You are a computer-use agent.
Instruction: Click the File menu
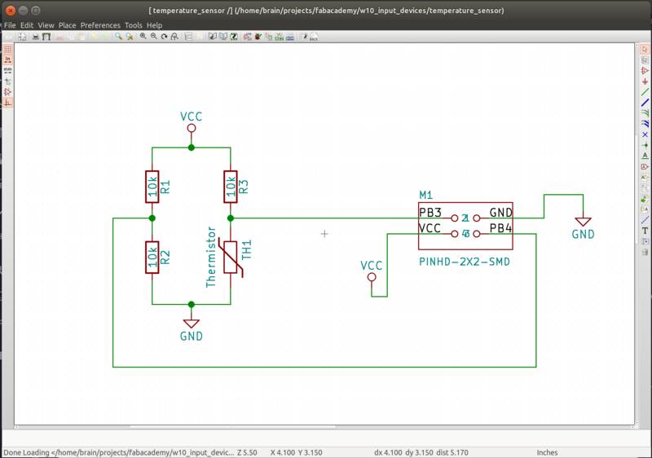(10, 25)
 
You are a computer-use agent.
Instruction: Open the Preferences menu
(99, 25)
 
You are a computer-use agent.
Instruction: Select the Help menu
(154, 25)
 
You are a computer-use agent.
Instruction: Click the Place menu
(67, 25)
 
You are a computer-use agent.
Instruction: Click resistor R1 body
(152, 187)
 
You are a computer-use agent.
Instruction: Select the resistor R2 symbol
(152, 258)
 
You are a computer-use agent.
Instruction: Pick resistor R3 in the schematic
(231, 187)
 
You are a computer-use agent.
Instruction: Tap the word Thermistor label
(211, 257)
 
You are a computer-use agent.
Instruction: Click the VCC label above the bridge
(191, 117)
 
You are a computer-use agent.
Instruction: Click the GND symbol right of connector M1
(583, 222)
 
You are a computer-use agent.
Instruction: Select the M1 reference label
(425, 195)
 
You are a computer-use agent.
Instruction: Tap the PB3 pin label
(430, 213)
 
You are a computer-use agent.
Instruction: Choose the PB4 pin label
(500, 228)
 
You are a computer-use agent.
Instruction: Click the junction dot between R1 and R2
(152, 218)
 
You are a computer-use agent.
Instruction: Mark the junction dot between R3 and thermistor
(231, 218)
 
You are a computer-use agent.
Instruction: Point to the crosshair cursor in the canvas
(324, 234)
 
